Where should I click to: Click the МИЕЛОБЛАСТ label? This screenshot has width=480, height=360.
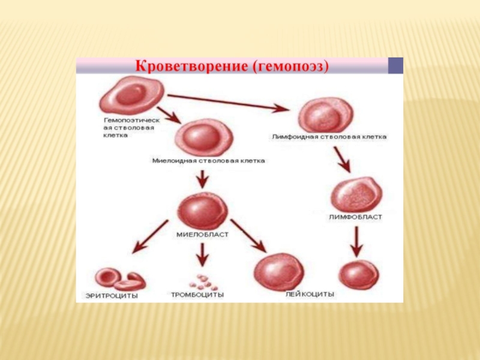tap(202, 235)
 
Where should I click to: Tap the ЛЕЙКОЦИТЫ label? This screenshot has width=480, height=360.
tap(310, 295)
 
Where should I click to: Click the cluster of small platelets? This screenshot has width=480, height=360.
tap(202, 280)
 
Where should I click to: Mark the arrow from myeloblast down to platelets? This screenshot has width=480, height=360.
tap(202, 254)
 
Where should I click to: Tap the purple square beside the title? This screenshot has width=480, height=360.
tap(396, 65)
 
